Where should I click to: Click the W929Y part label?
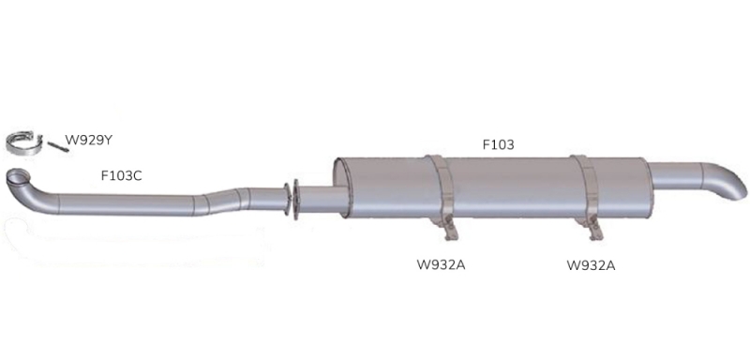coord(88,141)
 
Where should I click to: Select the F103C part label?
coord(121,176)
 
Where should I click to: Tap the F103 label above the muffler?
coord(498,144)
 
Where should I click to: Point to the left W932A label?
coord(441,265)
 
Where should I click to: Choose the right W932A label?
coord(591,265)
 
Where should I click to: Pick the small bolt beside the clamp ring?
coord(58,147)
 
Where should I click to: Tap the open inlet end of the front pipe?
coord(18,176)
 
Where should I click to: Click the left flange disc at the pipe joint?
coord(286,199)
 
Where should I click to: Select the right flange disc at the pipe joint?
coord(295,200)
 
